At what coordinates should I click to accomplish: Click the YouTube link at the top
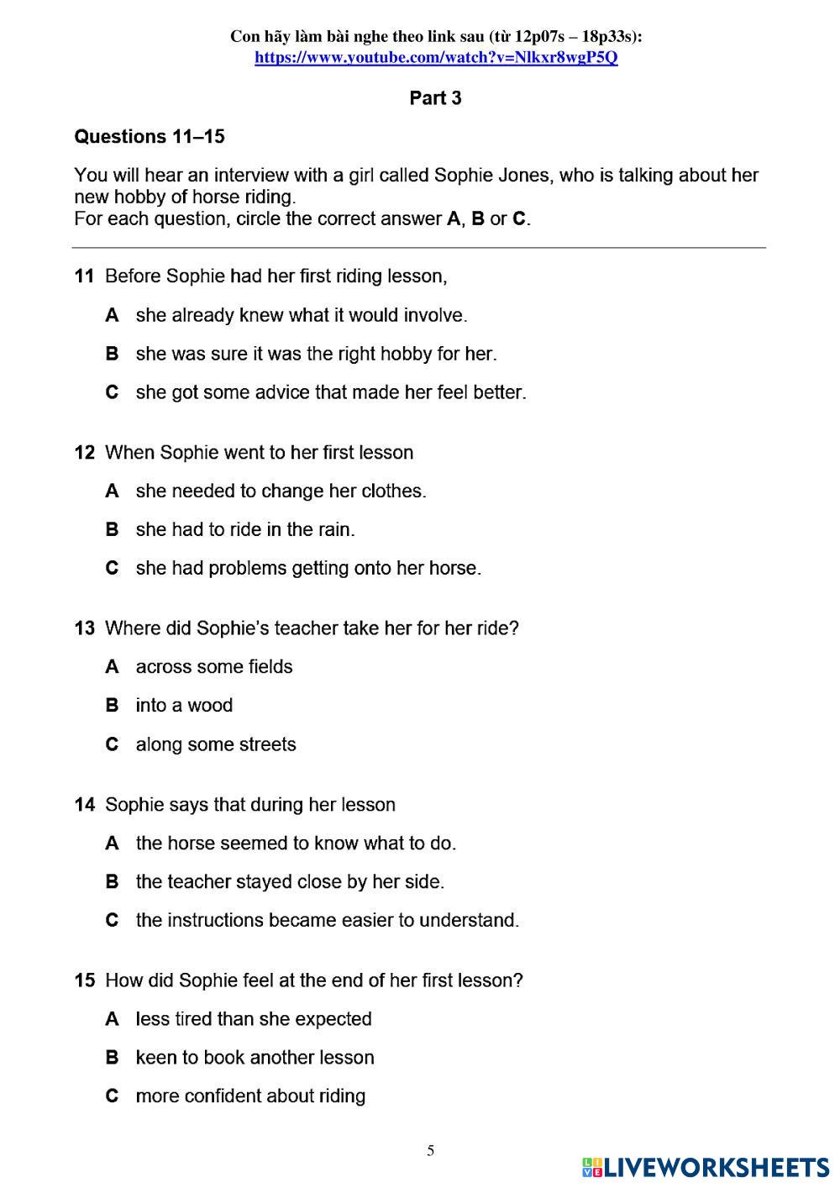pyautogui.click(x=436, y=57)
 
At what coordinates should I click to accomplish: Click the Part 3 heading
pyautogui.click(x=435, y=98)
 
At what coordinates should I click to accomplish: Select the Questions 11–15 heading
pyautogui.click(x=150, y=136)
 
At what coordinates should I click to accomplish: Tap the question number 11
pyautogui.click(x=84, y=276)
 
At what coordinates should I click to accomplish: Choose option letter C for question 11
pyautogui.click(x=112, y=392)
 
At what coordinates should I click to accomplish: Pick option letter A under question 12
pyautogui.click(x=112, y=491)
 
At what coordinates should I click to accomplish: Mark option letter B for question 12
pyautogui.click(x=112, y=529)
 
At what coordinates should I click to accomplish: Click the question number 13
pyautogui.click(x=84, y=628)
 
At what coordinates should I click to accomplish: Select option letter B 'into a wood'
pyautogui.click(x=112, y=705)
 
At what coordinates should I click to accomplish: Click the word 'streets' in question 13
pyautogui.click(x=267, y=744)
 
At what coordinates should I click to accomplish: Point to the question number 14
pyautogui.click(x=84, y=804)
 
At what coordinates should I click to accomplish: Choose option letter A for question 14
pyautogui.click(x=112, y=843)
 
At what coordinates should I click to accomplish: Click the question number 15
pyautogui.click(x=84, y=980)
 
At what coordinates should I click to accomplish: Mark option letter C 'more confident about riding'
pyautogui.click(x=112, y=1096)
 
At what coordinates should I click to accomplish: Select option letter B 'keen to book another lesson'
pyautogui.click(x=112, y=1057)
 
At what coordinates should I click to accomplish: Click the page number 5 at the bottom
pyautogui.click(x=431, y=1150)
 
